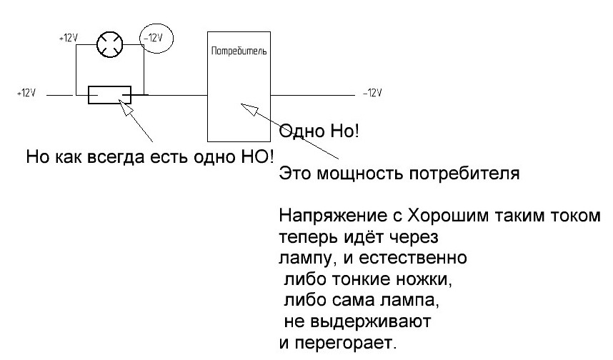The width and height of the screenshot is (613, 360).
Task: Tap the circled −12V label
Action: tap(153, 38)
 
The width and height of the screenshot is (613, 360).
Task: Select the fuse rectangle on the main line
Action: tap(109, 94)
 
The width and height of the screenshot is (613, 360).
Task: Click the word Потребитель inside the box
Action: tap(239, 51)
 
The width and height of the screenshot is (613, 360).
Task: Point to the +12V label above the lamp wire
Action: tap(69, 38)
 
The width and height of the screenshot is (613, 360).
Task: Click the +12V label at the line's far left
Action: tap(26, 93)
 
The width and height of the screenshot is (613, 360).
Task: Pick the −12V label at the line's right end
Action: tap(372, 93)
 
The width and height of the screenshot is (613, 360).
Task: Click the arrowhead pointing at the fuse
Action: tap(125, 106)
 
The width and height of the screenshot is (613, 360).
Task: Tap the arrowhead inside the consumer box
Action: tap(249, 109)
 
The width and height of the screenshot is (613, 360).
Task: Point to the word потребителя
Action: tap(464, 174)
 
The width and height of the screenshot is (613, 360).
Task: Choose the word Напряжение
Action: tap(332, 216)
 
